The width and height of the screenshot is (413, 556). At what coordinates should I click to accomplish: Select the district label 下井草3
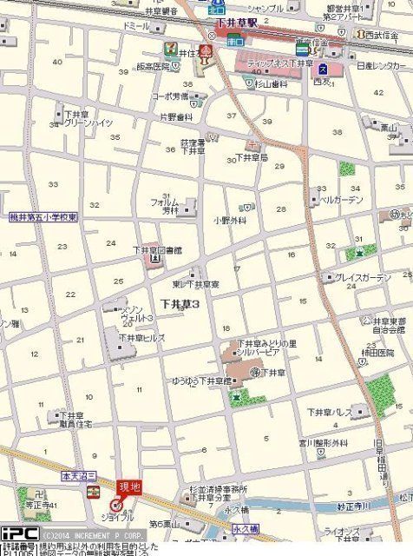180,304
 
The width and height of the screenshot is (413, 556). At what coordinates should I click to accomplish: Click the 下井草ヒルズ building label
141,338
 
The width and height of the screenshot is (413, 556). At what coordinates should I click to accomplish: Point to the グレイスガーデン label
363,277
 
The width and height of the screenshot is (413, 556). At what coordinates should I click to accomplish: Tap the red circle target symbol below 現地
116,504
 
